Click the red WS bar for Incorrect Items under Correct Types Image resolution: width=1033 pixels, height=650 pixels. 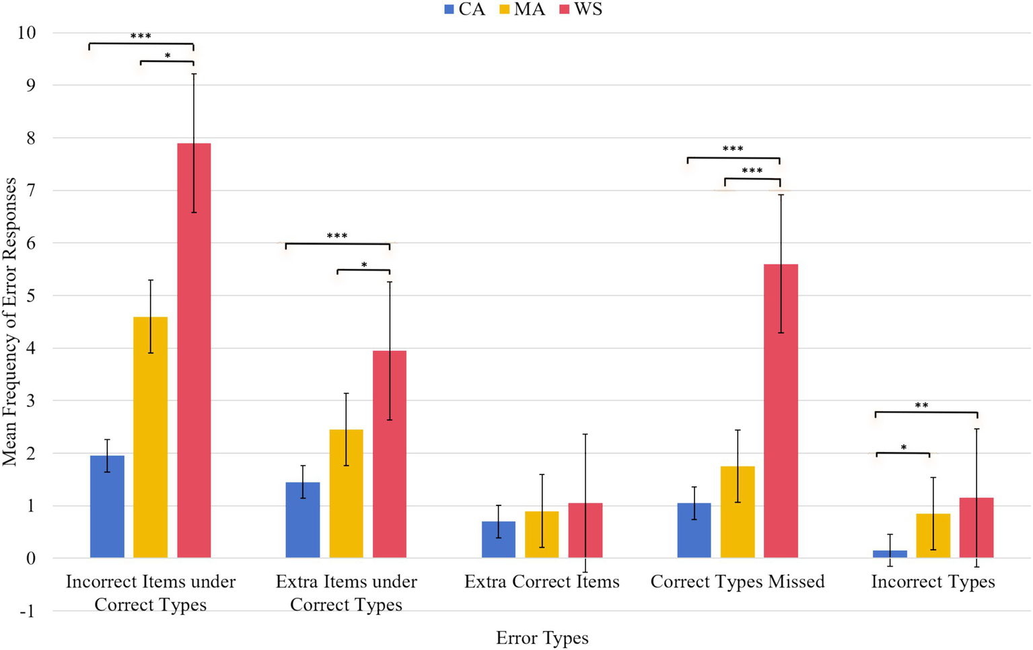coord(194,350)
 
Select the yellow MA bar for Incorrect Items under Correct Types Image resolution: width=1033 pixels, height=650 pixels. coord(150,437)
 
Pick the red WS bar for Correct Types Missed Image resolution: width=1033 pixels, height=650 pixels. coord(781,410)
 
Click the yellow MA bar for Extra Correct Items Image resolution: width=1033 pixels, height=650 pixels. coord(542,534)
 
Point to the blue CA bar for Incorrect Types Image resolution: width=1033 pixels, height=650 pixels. coord(890,554)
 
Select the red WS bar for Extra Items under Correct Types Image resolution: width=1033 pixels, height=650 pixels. coord(390,454)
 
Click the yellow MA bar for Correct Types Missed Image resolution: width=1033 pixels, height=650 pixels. coord(738,511)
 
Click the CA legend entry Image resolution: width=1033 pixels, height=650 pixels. coord(464,9)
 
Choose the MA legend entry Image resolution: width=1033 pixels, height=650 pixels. coord(522,9)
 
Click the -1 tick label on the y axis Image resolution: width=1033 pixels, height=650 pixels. coord(26,611)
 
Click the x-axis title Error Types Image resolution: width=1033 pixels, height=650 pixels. coord(542,638)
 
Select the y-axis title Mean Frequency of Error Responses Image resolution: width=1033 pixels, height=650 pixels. coord(9,322)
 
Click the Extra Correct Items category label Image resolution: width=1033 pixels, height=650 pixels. coord(542,581)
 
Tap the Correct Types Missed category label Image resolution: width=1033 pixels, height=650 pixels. coord(737,581)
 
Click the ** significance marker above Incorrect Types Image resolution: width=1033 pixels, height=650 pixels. coord(921,406)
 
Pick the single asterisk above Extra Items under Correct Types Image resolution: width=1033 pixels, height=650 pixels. coord(364,265)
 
